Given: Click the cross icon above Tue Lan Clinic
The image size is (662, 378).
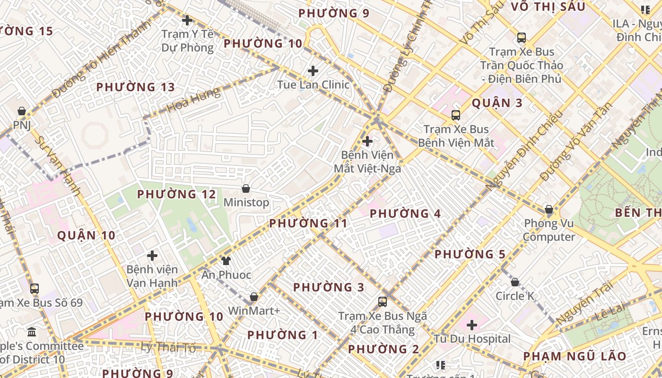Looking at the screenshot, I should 313,71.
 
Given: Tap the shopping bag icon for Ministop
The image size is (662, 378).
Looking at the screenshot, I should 246,189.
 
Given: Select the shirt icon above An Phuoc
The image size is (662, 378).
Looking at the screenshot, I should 226,261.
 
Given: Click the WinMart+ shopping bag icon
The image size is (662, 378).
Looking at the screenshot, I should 254,297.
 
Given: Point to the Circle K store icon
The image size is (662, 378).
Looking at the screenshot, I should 515,282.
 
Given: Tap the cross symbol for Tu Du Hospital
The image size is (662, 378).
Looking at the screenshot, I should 471,325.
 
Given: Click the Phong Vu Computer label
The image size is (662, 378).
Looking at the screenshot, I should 549,230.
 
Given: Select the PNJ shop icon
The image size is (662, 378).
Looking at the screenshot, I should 21,112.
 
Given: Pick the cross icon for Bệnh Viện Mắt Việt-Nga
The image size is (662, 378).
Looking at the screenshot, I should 367,141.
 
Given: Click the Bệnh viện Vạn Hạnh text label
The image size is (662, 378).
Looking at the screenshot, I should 152,276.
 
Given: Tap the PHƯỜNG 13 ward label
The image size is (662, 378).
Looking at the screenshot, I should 135,87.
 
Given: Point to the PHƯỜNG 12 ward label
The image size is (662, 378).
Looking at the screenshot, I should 176,194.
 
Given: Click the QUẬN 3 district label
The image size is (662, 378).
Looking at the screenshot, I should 497,103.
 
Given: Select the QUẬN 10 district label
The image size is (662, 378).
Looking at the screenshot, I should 86,235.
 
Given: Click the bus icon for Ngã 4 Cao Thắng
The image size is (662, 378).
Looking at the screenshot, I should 382,301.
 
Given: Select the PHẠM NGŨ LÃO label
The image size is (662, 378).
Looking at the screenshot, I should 575,356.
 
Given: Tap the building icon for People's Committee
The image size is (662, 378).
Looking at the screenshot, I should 32,332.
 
